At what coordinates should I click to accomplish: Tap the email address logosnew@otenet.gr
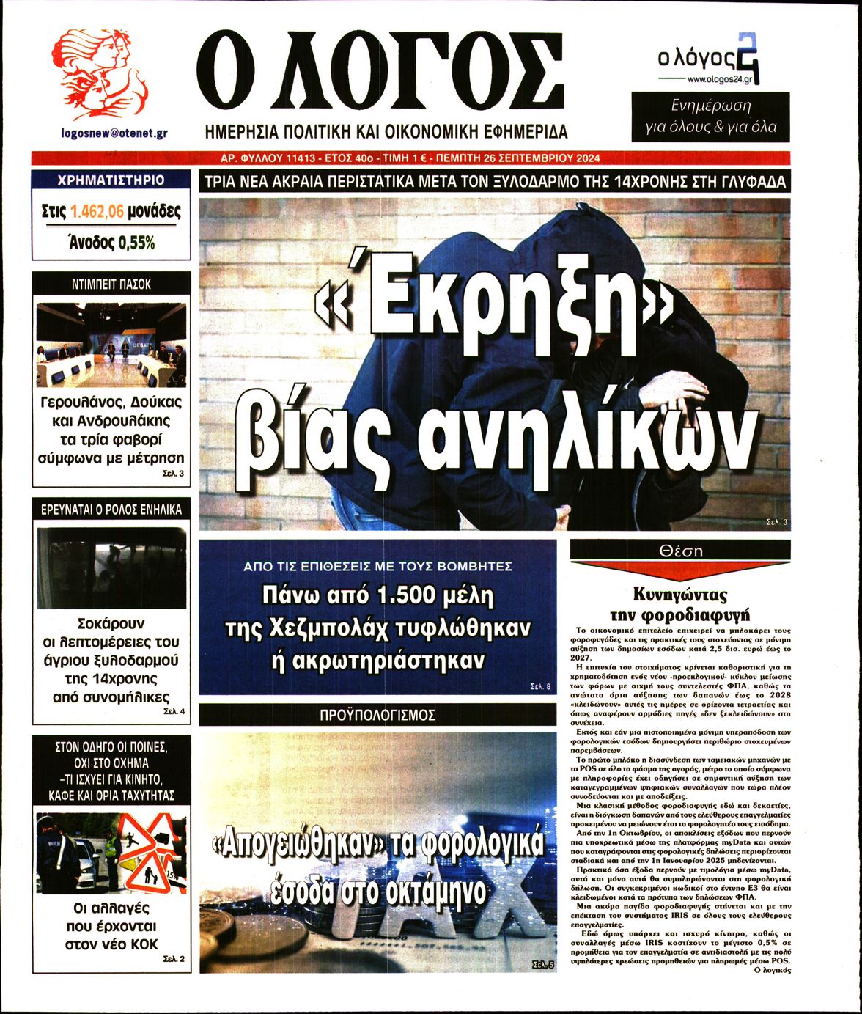[x=114, y=133]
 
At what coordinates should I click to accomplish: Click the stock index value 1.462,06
[x=97, y=213]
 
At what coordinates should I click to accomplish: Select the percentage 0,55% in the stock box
[x=136, y=243]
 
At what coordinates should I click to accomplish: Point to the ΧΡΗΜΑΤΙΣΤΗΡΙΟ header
[x=111, y=180]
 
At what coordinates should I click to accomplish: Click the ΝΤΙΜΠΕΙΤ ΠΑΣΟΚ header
[x=111, y=284]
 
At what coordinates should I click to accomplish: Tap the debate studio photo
[x=111, y=345]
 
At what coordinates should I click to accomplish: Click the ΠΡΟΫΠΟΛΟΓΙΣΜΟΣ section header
[x=377, y=714]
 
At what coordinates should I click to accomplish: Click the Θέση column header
[x=680, y=551]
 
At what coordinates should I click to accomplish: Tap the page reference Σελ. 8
[x=539, y=687]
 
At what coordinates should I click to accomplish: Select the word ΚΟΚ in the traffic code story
[x=144, y=944]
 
